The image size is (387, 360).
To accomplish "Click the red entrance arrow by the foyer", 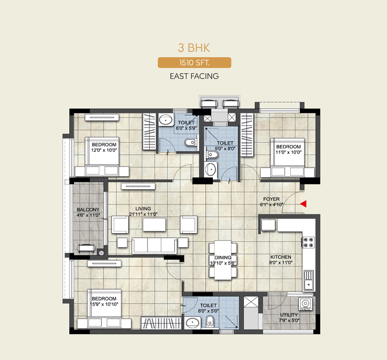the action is point(304,204).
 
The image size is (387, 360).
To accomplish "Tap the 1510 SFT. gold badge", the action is point(194,63).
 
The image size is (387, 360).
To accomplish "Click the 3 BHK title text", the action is point(194,48).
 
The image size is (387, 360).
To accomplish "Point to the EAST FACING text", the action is point(194,76).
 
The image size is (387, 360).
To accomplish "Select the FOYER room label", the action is point(271,199).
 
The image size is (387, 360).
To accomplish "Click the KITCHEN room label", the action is point(281,257).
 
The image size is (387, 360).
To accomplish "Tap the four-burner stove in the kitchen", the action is point(308,242).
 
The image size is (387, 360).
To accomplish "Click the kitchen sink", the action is point(309,280).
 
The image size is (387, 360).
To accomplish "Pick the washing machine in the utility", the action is point(306,304).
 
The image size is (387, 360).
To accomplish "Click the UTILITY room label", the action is point(289,315).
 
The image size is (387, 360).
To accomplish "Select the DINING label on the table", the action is point(223,258).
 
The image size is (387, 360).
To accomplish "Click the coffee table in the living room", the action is point(154,225).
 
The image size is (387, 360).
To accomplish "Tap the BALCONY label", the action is point(88,209).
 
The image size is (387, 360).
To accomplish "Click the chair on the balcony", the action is point(86,248).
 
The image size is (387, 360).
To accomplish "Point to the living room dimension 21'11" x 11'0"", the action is point(143,214).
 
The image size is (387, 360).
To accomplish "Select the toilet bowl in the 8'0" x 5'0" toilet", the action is point(210,321).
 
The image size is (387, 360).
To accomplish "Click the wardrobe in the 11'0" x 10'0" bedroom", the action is point(247,135).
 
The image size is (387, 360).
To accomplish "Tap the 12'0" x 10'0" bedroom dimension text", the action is point(104,150).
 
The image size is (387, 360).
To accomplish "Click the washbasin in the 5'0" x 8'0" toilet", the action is point(211,169).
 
